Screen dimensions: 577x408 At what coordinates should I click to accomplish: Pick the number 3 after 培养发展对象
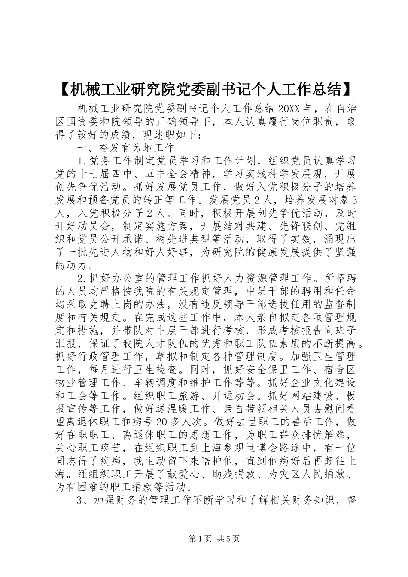(x=354, y=200)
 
